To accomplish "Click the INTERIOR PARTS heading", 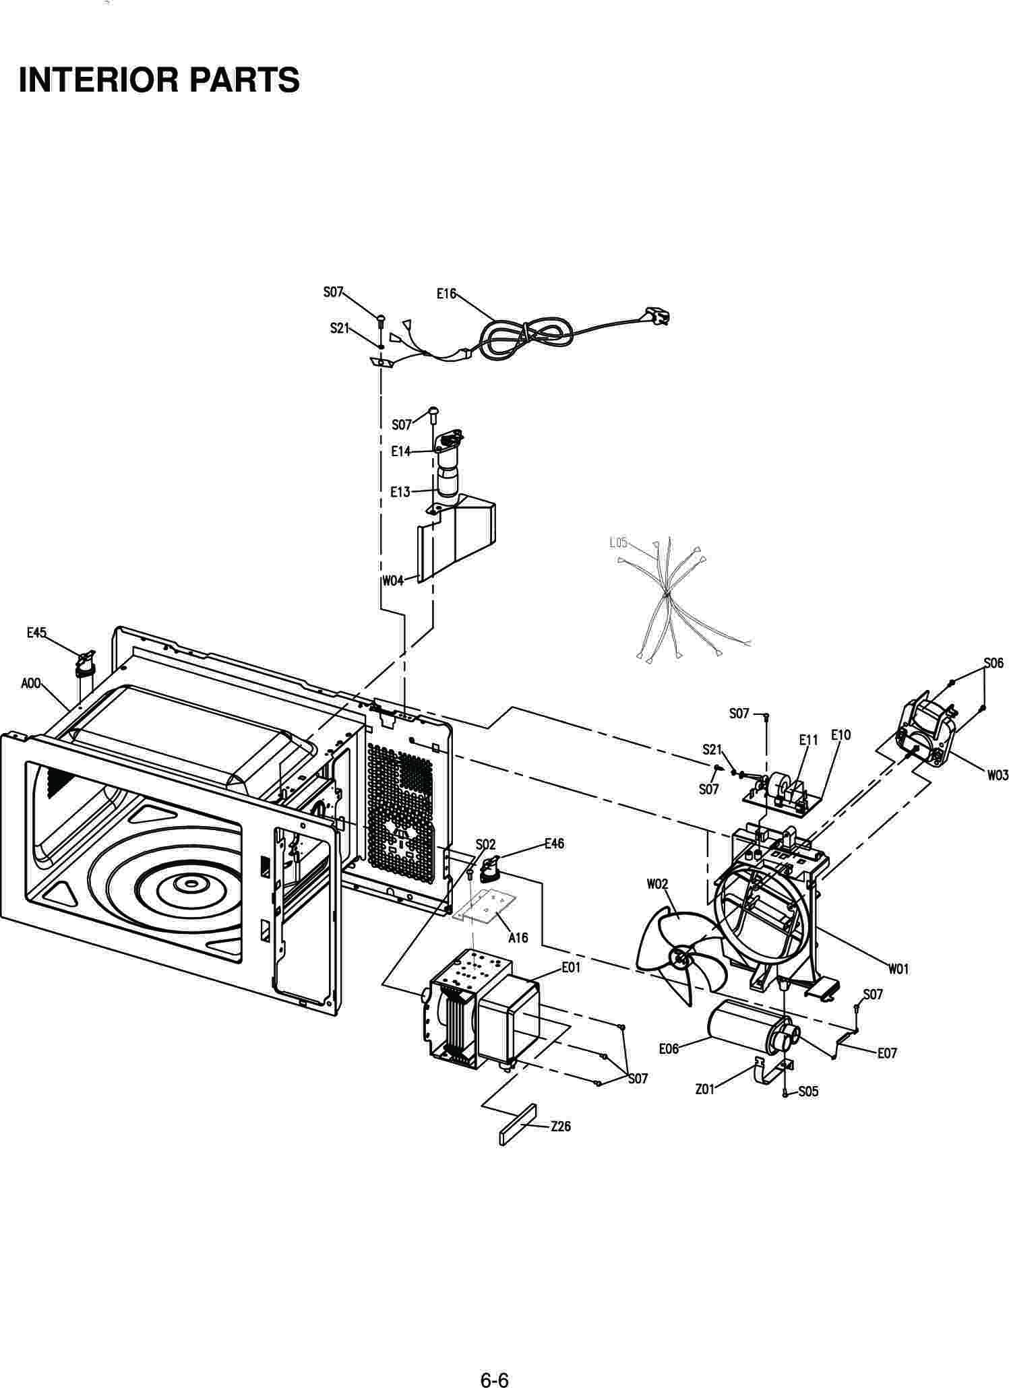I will (x=159, y=80).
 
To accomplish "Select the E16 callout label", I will (x=446, y=294).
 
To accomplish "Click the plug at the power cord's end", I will (x=658, y=315).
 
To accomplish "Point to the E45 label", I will (x=36, y=632).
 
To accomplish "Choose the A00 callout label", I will (x=31, y=684).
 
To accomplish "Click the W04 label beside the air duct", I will (x=393, y=580).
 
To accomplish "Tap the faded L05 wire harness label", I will (x=618, y=542).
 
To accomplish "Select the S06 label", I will (x=993, y=663).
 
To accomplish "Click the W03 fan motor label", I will (x=998, y=776).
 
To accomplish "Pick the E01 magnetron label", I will (x=571, y=968).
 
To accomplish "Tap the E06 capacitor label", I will (x=669, y=1049).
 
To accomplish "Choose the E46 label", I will (x=554, y=843).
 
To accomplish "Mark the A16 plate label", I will (x=518, y=937).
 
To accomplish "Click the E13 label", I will (x=400, y=492).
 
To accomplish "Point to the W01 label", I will (x=898, y=969).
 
